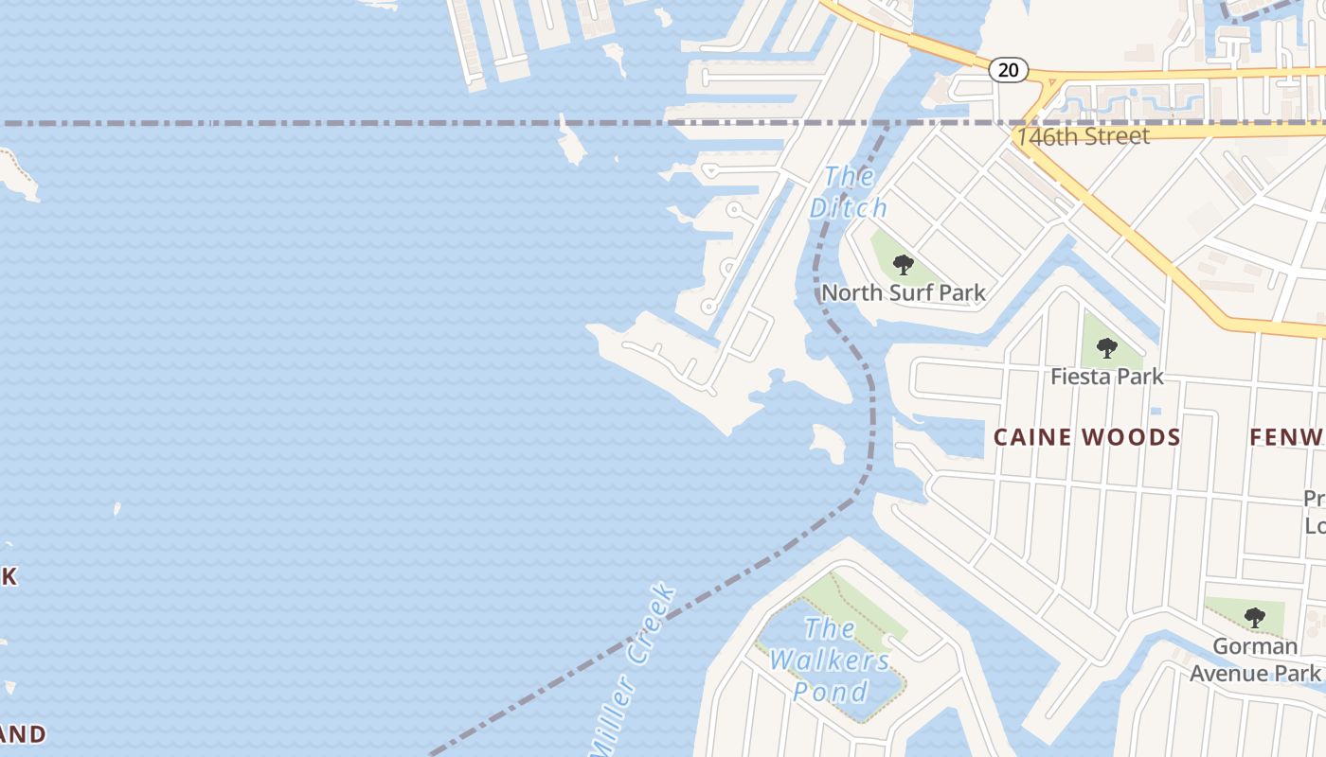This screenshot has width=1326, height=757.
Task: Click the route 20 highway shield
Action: (1009, 69)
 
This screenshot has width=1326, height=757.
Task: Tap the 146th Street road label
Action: (1084, 136)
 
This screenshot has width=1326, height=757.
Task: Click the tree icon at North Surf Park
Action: (904, 264)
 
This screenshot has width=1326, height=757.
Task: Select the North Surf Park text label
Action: (904, 293)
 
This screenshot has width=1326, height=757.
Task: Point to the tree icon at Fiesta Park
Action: (1106, 348)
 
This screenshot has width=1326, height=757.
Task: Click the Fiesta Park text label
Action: (1106, 377)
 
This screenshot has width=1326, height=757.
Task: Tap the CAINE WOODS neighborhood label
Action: (1087, 437)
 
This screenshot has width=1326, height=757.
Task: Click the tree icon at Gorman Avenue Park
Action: (1255, 618)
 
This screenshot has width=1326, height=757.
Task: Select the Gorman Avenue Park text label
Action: (1255, 660)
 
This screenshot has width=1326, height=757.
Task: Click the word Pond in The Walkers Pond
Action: (831, 692)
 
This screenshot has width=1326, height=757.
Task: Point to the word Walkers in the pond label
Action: (830, 660)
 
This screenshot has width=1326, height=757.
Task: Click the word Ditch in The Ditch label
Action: (848, 207)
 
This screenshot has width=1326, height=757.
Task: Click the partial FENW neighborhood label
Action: (1286, 437)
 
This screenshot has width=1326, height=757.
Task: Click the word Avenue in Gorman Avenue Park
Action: (1227, 673)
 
